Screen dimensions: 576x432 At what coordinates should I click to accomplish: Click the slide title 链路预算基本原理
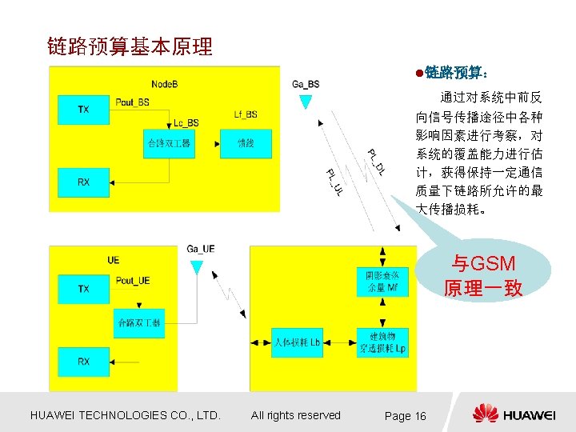tap(130, 46)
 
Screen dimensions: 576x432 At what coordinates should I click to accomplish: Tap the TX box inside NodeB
tap(84, 110)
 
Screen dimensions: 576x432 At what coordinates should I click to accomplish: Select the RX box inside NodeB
tap(84, 182)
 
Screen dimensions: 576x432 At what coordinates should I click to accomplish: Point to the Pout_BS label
tap(132, 102)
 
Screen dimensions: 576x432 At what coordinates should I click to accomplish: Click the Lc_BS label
tap(186, 122)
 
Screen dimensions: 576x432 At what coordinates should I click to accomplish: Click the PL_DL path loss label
tap(376, 162)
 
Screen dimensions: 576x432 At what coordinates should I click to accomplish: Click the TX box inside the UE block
tap(84, 289)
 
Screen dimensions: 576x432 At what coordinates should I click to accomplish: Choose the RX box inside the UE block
tap(84, 362)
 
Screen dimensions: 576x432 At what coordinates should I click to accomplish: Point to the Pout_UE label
tap(133, 281)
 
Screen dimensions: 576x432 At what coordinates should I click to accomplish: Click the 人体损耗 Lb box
tap(297, 342)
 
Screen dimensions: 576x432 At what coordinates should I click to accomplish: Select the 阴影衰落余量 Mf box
tap(382, 282)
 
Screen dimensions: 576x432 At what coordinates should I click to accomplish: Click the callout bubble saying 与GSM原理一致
tap(483, 276)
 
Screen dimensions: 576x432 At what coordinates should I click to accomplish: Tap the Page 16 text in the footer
tap(406, 416)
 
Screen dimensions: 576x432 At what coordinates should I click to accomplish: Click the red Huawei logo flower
tap(485, 414)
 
